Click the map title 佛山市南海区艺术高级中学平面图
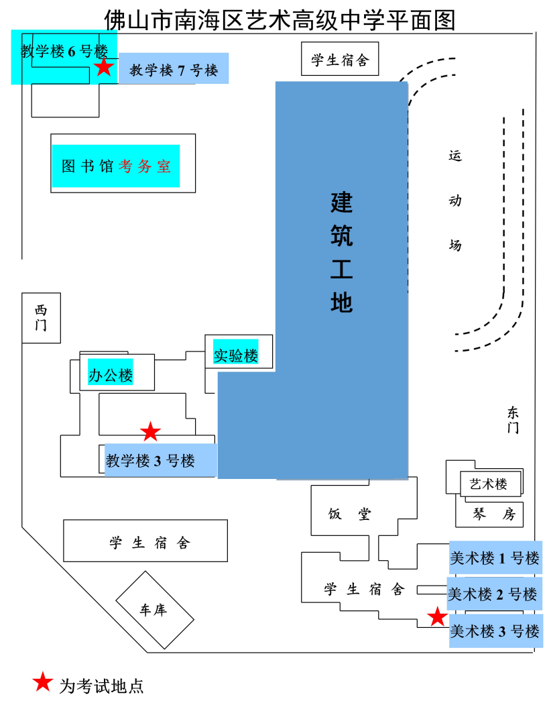coord(280,20)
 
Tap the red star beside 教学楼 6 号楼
coord(103,67)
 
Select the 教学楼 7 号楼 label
coord(174,70)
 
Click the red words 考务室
coord(145,166)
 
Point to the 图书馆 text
coord(88,166)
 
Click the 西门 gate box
coord(41,318)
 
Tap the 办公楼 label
coord(111,375)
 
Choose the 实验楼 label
coord(236,356)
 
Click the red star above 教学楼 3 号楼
coord(150,432)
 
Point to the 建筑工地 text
coord(341,252)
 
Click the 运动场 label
coord(455,200)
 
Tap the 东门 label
coord(513,420)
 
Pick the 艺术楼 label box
coord(489,484)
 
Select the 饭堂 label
coord(349,515)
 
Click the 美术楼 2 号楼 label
coord(493,594)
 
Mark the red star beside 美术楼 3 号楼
coord(437,616)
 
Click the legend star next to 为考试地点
coord(43,682)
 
